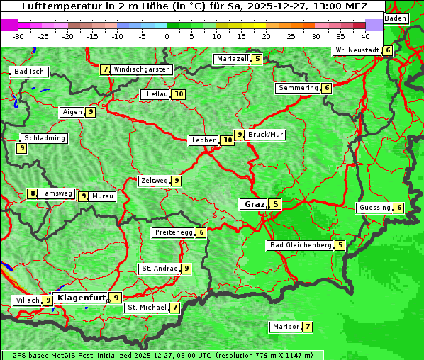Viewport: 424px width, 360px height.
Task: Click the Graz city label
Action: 254,204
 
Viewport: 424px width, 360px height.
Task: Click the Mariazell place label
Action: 233,59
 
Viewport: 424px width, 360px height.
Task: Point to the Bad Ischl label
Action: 30,72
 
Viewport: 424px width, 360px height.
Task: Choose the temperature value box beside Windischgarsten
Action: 105,69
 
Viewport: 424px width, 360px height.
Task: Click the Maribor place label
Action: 285,327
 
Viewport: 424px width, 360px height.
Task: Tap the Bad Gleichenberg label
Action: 301,245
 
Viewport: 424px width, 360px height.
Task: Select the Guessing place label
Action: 374,208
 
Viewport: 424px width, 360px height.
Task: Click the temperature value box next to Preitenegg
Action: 201,232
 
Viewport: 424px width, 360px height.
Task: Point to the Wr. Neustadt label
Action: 357,50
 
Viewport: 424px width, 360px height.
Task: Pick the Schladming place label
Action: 44,138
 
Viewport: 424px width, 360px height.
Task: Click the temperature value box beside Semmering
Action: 326,88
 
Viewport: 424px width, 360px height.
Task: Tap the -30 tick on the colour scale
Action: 19,35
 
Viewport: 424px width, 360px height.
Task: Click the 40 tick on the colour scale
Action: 365,35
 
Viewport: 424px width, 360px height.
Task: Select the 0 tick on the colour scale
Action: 167,35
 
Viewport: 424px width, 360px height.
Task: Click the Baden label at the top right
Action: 396,18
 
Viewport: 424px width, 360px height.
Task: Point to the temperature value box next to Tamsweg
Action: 32,193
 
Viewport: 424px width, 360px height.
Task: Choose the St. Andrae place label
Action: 159,269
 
